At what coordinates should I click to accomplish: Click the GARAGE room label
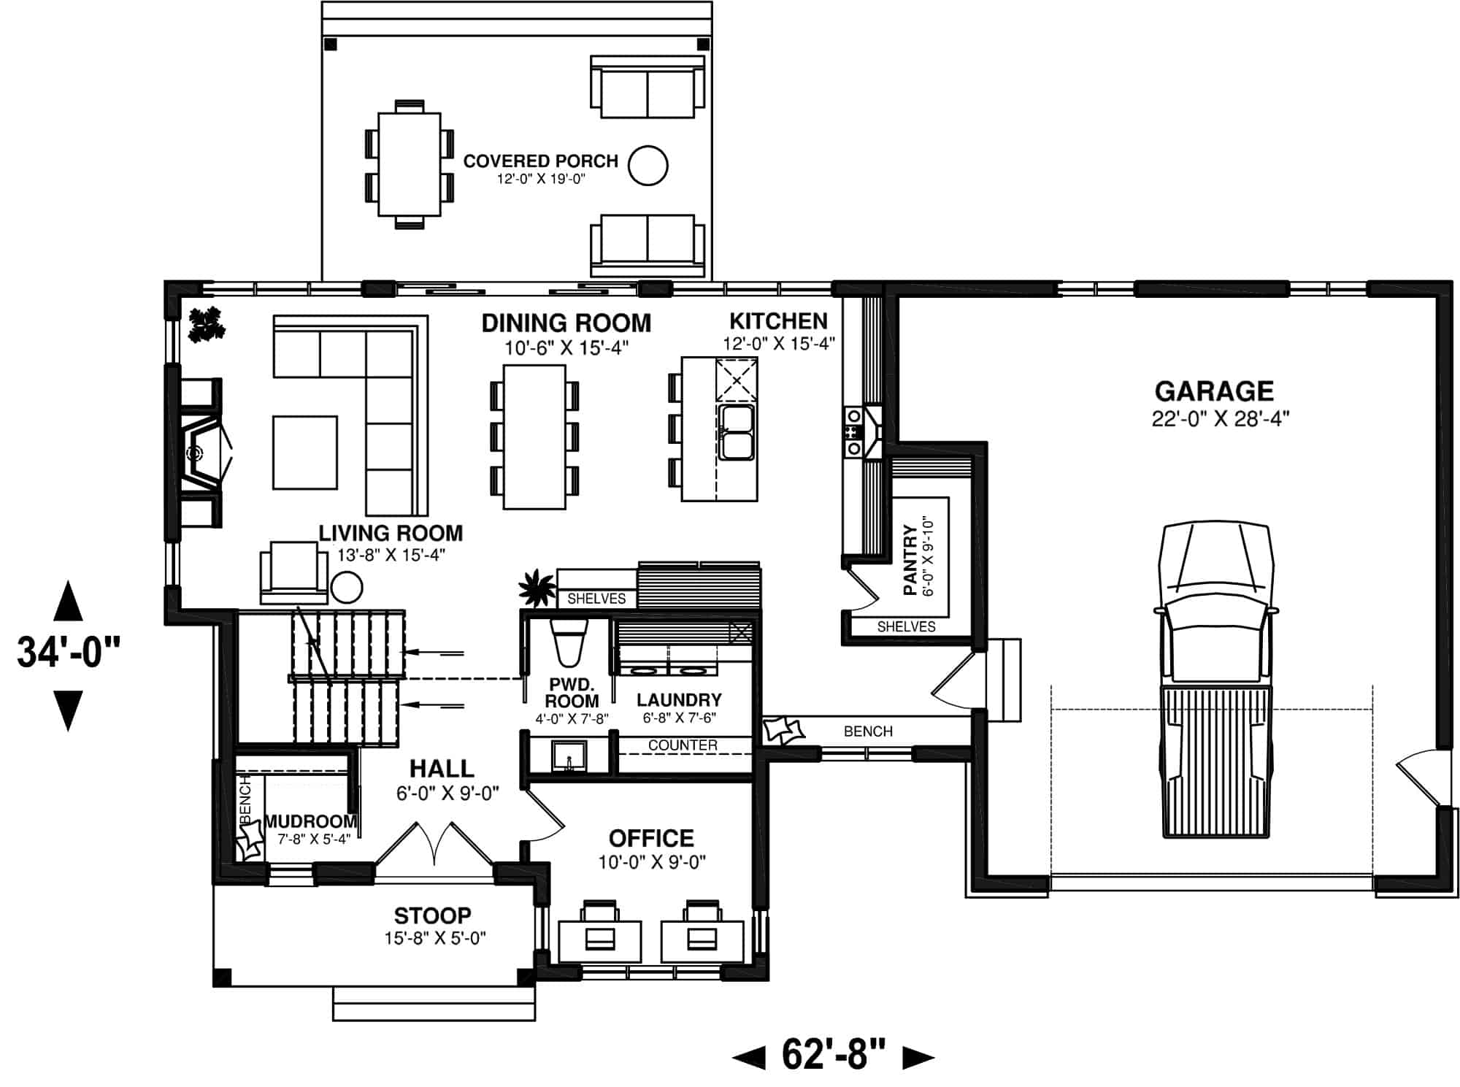click(1214, 392)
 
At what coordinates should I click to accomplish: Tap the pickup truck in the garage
click(1215, 679)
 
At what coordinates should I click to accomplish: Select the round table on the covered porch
click(648, 165)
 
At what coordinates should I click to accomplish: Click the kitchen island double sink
click(735, 432)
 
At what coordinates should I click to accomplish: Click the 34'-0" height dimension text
click(68, 652)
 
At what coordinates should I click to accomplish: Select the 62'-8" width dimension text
click(833, 1054)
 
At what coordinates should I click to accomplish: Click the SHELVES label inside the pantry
click(906, 626)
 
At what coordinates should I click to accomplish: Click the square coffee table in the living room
click(305, 453)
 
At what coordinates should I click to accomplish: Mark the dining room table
click(534, 437)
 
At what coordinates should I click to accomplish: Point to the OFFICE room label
click(651, 838)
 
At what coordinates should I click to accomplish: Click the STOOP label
click(432, 915)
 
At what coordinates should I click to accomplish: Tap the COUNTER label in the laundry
click(683, 745)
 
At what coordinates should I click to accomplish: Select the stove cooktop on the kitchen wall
click(853, 432)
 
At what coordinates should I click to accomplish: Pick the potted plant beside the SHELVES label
click(537, 588)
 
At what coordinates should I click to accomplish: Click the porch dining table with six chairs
click(409, 164)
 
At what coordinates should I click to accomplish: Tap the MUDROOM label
click(310, 822)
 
